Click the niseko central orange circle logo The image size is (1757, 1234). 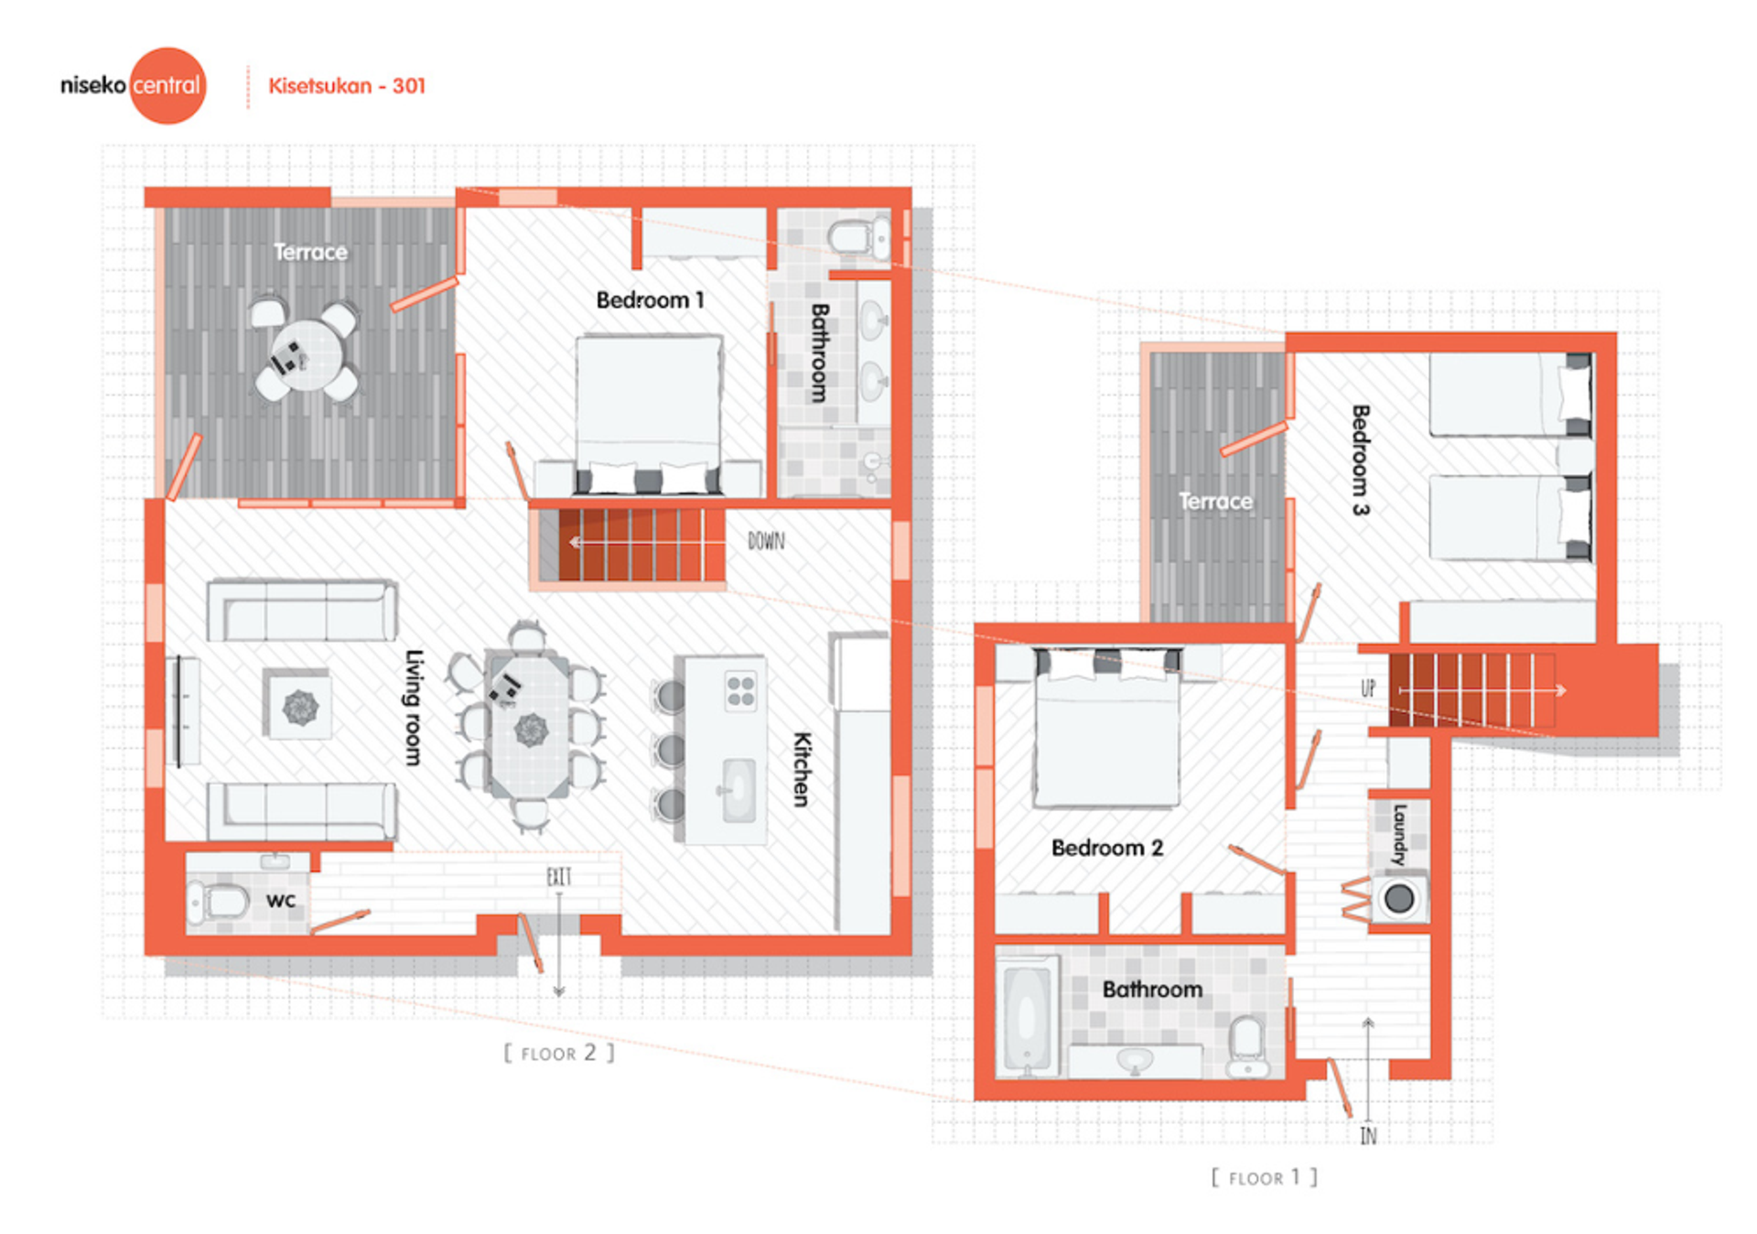(x=168, y=85)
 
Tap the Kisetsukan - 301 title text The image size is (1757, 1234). (x=347, y=86)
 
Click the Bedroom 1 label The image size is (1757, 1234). (x=650, y=300)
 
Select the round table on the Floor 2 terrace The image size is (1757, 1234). (x=307, y=354)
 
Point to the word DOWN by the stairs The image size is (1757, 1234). (x=766, y=541)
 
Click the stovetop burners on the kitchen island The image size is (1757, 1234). (x=740, y=691)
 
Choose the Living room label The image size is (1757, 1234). (x=414, y=707)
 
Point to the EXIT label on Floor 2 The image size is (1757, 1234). (x=559, y=877)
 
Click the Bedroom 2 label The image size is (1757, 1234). (x=1107, y=848)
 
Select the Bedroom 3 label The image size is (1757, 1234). (x=1361, y=460)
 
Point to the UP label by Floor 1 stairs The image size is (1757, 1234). (x=1368, y=688)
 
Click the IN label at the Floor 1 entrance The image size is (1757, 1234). (x=1368, y=1136)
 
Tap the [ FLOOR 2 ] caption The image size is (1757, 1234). (x=559, y=1053)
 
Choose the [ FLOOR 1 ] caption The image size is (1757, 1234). (x=1264, y=1177)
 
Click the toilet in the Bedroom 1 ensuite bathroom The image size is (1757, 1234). (x=859, y=237)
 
